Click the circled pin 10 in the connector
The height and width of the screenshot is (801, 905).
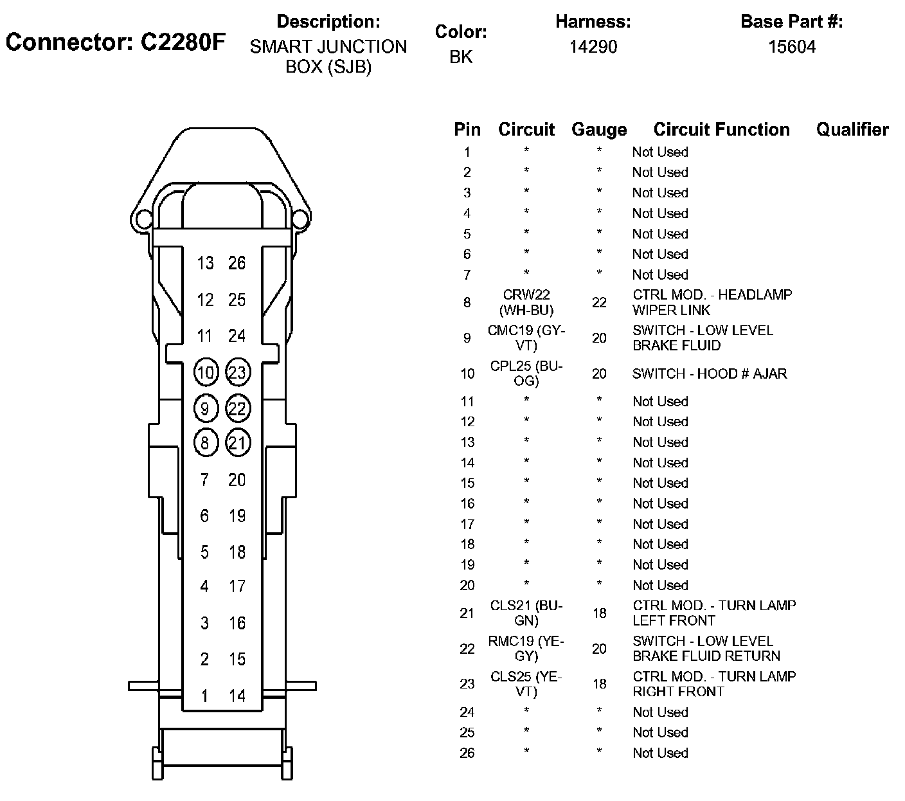point(206,372)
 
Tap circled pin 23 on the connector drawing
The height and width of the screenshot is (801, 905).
point(237,372)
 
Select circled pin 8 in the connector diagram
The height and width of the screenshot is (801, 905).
point(206,443)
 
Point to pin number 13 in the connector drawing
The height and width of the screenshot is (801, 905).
point(206,263)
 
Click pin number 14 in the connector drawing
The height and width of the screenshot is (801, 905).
point(237,696)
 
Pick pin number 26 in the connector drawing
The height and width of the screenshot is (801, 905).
point(237,263)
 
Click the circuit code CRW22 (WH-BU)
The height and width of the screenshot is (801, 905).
point(527,302)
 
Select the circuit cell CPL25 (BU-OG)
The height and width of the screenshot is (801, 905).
point(526,373)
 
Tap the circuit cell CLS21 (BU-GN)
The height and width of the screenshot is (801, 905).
point(526,613)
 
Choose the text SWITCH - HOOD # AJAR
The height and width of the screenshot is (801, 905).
point(710,373)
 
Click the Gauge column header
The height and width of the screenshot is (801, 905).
point(599,130)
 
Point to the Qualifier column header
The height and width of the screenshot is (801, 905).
point(852,130)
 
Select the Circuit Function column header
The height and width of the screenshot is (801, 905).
point(721,130)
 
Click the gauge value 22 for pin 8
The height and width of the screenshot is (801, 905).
point(599,302)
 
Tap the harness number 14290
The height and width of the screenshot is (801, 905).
point(593,47)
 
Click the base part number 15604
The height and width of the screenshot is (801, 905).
point(792,47)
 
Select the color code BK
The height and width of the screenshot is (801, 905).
point(461,57)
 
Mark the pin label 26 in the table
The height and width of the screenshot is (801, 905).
point(467,753)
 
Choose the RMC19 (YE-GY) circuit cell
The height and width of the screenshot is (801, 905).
point(526,649)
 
